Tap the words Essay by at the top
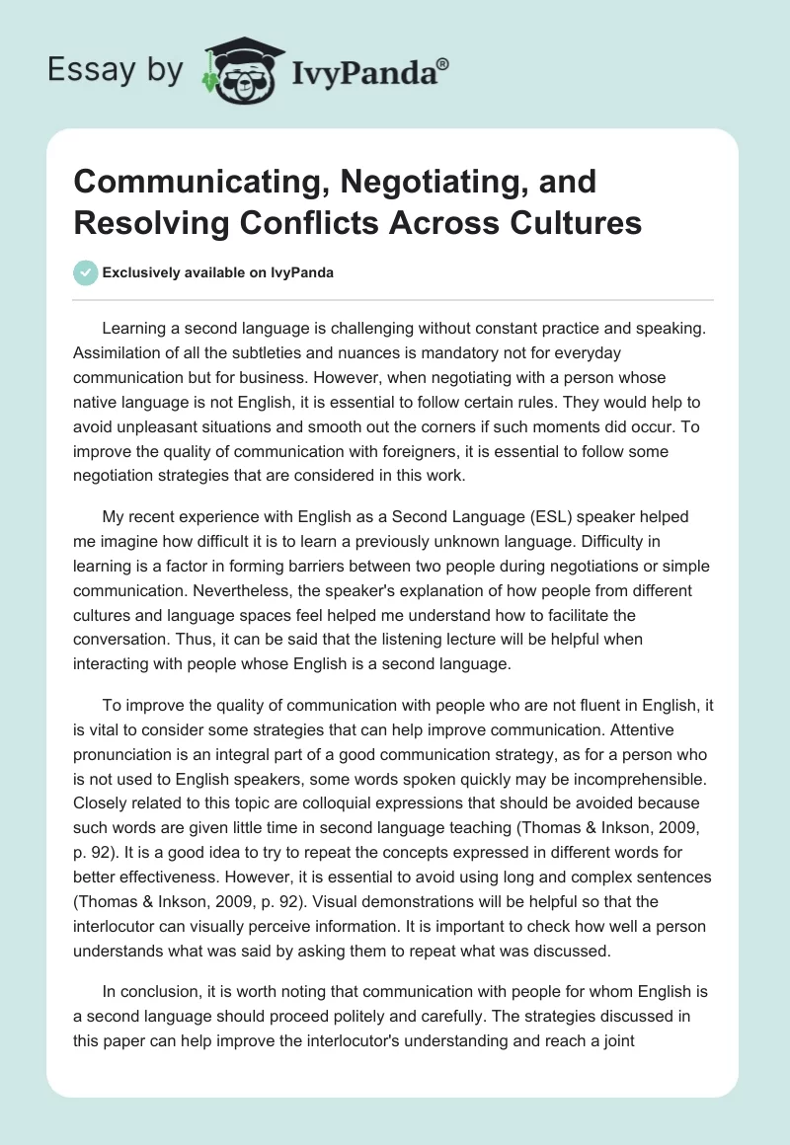[116, 69]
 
